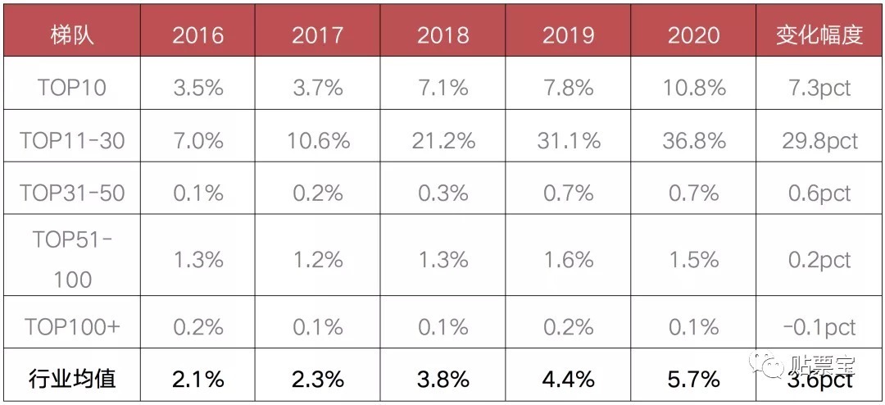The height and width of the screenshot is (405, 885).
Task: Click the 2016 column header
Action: click(197, 35)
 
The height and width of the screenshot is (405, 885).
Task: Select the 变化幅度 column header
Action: click(819, 35)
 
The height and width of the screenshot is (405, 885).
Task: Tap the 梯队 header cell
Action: click(71, 35)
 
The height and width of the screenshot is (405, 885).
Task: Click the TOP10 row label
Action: click(71, 87)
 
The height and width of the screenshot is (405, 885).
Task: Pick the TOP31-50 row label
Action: click(71, 193)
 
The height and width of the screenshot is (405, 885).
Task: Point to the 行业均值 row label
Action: click(71, 379)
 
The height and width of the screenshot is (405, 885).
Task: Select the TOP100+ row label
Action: click(71, 326)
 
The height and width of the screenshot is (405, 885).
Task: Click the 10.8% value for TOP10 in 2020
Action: click(694, 87)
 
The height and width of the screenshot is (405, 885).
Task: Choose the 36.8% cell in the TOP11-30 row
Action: click(694, 140)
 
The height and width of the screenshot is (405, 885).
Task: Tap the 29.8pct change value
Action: click(819, 140)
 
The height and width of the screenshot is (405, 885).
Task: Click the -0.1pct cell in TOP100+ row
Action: click(819, 326)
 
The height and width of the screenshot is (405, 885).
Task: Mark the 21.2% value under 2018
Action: click(442, 140)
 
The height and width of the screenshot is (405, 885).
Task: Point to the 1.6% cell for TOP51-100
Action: click(568, 260)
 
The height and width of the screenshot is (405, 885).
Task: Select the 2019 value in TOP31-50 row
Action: click(568, 193)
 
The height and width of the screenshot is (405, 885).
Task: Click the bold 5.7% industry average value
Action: click(694, 379)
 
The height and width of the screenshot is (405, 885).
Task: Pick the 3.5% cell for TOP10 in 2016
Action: click(197, 87)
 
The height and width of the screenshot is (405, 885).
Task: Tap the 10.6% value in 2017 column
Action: click(318, 140)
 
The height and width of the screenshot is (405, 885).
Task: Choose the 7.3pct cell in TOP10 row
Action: click(819, 87)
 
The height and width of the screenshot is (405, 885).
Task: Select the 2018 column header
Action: click(442, 35)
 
